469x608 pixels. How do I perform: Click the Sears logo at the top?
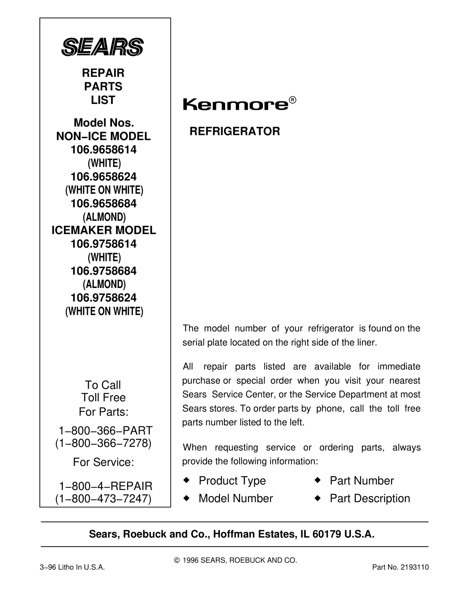[102, 47]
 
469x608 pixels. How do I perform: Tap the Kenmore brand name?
[236, 105]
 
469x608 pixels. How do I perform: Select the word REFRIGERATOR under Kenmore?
[235, 131]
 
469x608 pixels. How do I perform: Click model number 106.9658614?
[103, 150]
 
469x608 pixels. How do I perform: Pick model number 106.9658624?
[103, 177]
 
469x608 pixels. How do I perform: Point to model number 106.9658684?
[103, 203]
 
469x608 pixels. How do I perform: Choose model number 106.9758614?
[103, 244]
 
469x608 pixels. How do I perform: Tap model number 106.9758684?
[103, 271]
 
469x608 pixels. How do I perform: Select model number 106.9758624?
[103, 298]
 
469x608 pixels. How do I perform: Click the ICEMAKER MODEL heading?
[104, 230]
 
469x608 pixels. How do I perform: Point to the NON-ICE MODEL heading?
[103, 136]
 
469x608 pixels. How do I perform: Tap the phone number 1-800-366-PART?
[106, 430]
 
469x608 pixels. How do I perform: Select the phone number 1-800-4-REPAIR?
[106, 486]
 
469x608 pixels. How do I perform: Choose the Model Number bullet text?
[236, 498]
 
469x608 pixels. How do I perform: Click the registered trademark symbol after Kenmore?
[293, 100]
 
